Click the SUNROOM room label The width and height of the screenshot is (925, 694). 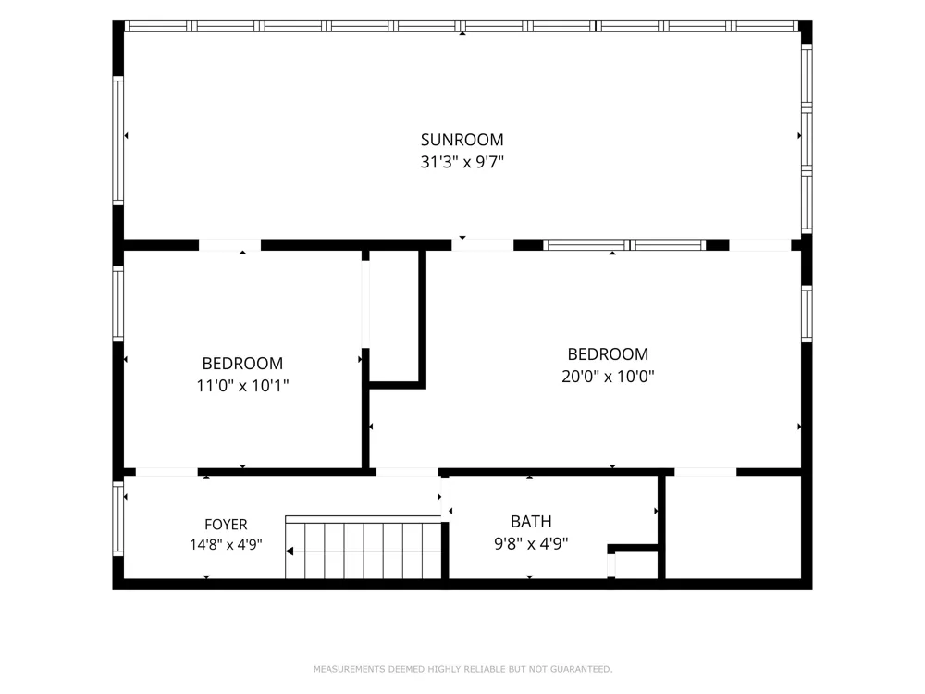462,140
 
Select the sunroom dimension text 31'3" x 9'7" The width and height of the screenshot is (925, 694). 462,162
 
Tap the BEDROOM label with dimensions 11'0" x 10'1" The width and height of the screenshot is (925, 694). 242,363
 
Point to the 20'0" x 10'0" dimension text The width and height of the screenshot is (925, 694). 608,376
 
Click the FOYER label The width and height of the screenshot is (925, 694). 226,524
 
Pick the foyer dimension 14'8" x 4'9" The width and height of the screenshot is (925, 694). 226,544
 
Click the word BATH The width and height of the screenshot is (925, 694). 531,522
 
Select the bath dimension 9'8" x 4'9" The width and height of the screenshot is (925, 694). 531,543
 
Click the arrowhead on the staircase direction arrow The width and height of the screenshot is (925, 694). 290,551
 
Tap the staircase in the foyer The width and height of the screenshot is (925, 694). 364,548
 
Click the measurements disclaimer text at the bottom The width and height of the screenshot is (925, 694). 463,669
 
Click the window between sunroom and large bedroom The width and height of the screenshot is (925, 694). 624,245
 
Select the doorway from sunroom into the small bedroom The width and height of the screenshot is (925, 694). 229,245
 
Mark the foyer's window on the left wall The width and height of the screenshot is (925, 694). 118,518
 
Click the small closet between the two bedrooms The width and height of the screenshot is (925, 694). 394,316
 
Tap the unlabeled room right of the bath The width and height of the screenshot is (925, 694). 734,527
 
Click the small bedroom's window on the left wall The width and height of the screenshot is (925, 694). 118,304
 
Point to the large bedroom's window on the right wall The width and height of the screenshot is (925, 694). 807,314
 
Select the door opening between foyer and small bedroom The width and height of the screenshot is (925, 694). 166,472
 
